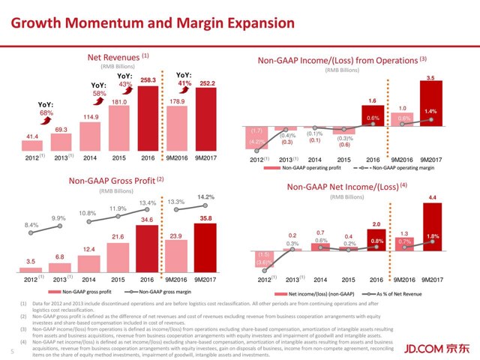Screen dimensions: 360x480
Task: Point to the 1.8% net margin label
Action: pos(431,237)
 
